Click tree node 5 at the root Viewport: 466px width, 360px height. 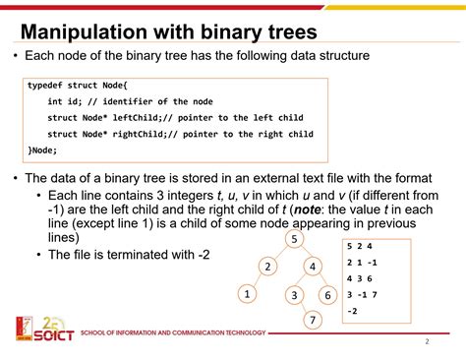(293, 239)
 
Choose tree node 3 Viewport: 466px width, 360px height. (293, 294)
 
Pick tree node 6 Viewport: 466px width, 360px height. (326, 294)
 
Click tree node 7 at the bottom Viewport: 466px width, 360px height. (312, 321)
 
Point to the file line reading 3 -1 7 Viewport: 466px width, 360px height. (364, 294)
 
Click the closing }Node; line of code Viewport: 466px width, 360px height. (43, 150)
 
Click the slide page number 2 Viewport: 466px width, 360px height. (427, 342)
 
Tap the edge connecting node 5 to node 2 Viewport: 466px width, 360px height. (279, 253)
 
